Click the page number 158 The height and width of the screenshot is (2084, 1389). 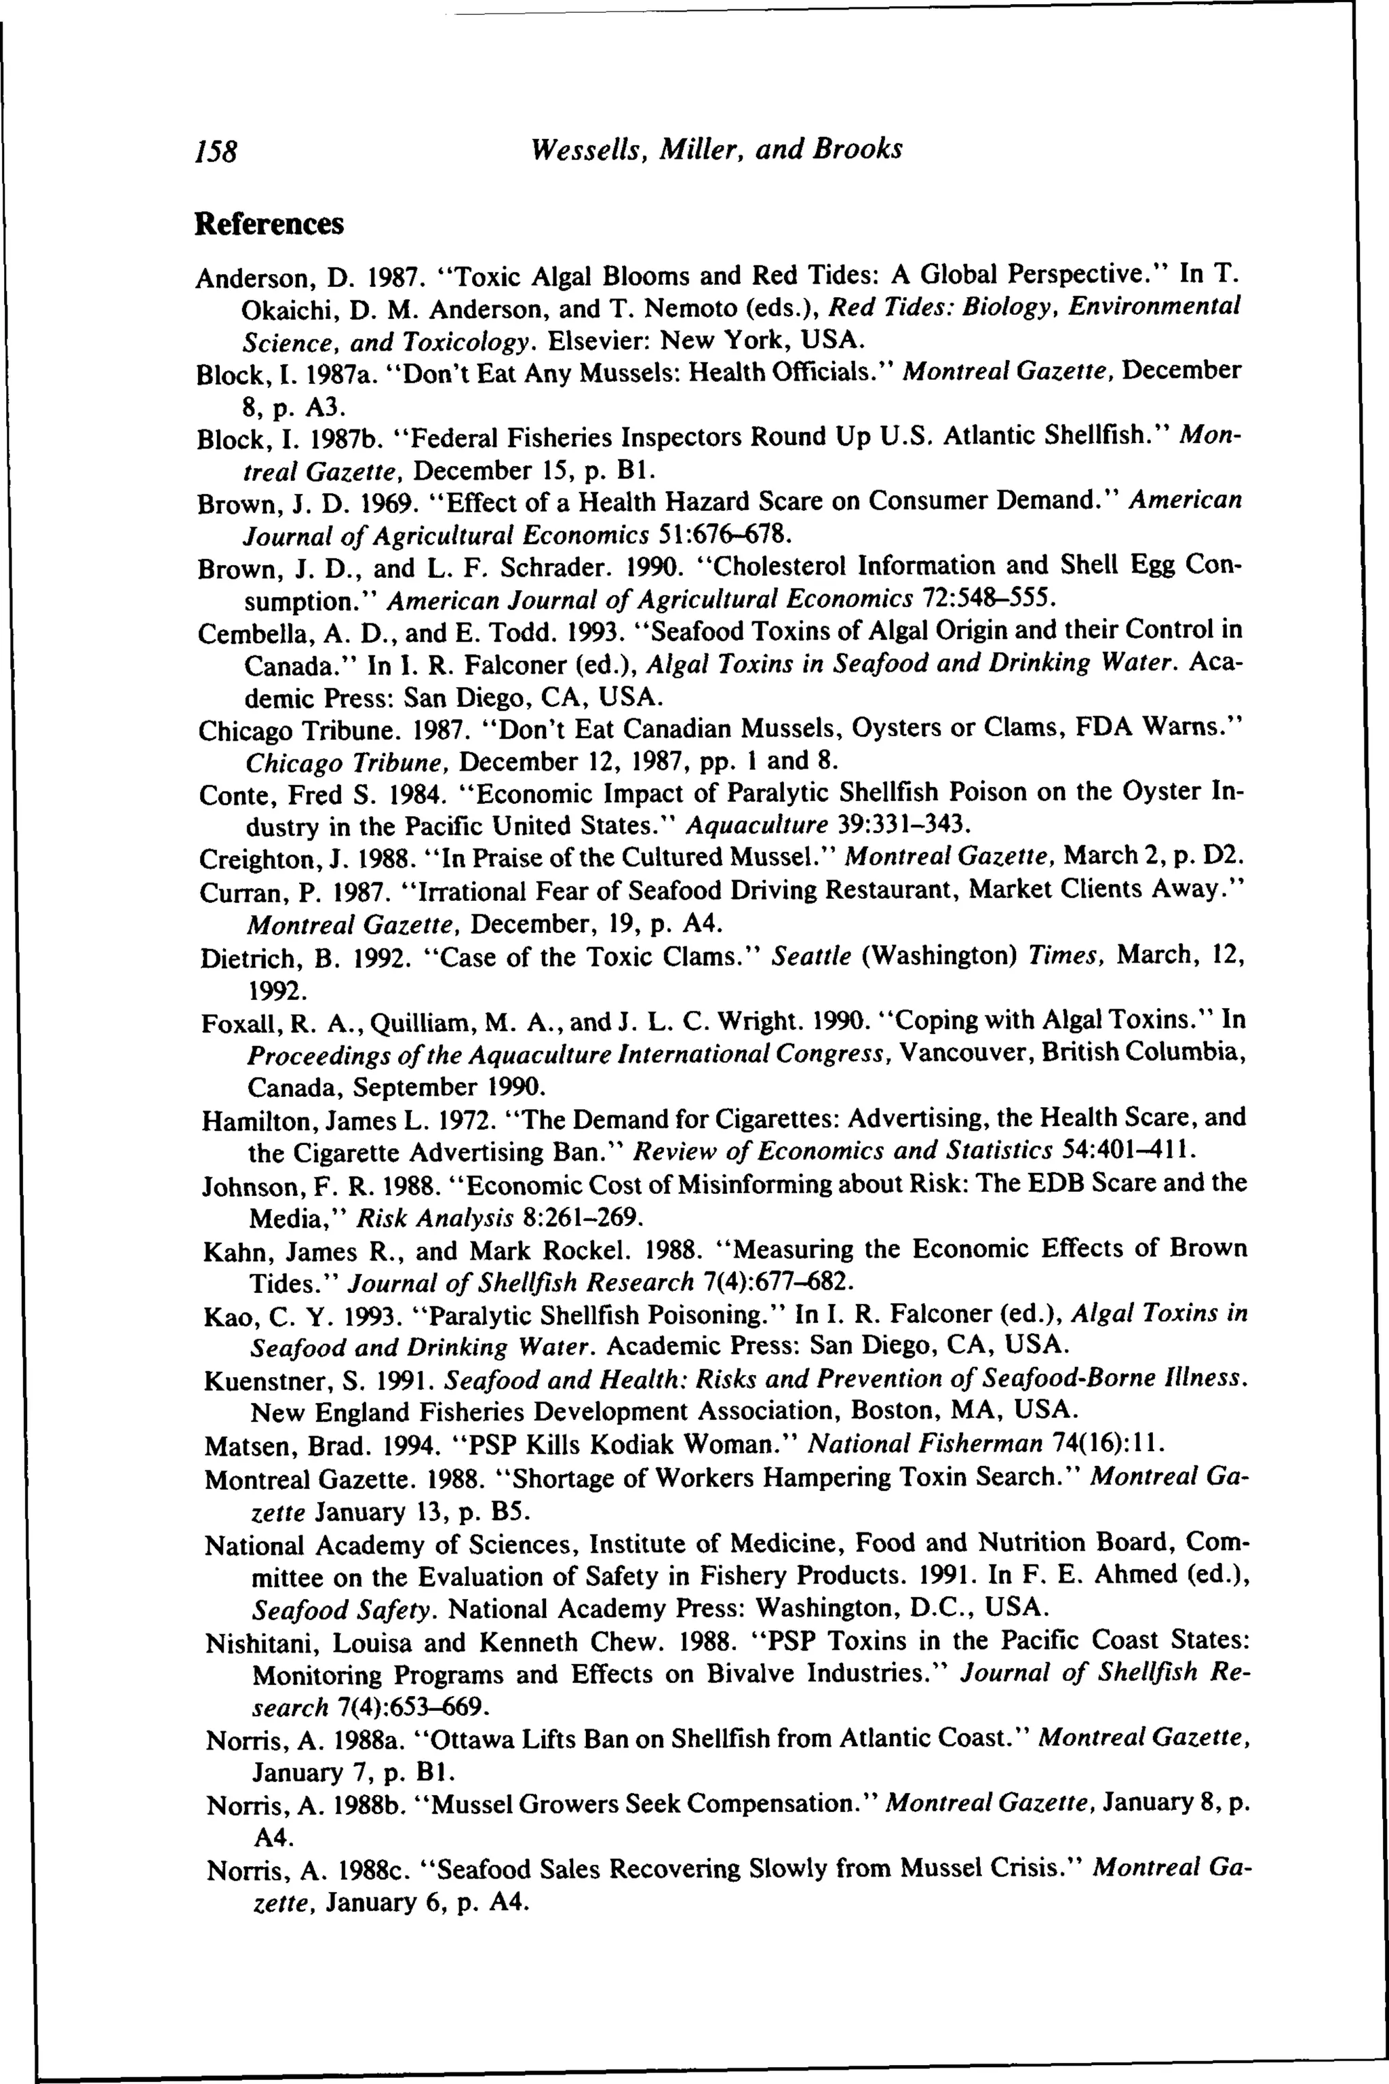(x=216, y=151)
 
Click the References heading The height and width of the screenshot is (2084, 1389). (x=269, y=224)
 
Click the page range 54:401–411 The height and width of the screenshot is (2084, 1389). (x=1127, y=1151)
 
